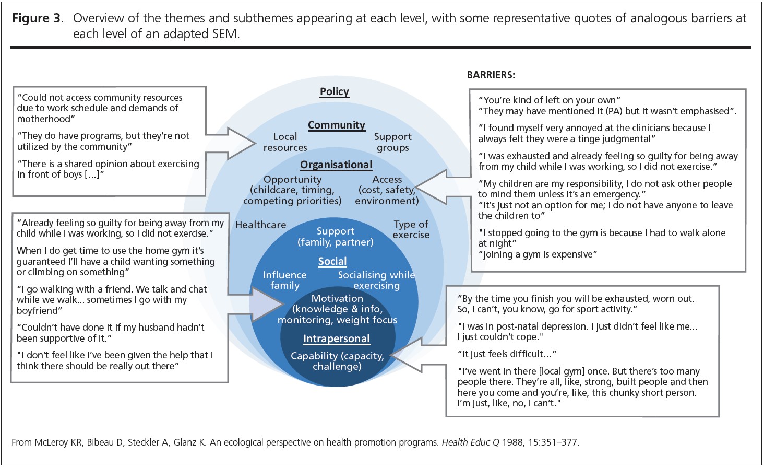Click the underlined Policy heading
[x=335, y=91]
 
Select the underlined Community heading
[x=337, y=125]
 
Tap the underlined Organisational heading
[x=336, y=165]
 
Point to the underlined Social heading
[x=332, y=262]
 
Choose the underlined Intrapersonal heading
[x=337, y=339]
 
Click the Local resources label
[x=285, y=142]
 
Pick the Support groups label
[x=392, y=142]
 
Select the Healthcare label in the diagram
[x=260, y=225]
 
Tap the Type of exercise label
[x=411, y=229]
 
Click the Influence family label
[x=284, y=280]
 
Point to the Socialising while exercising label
[x=376, y=280]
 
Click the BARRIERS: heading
[x=491, y=75]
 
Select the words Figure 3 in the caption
[x=37, y=18]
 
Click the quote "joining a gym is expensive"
[x=538, y=254]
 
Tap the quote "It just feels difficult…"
[x=507, y=354]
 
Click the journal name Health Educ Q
[x=470, y=442]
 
